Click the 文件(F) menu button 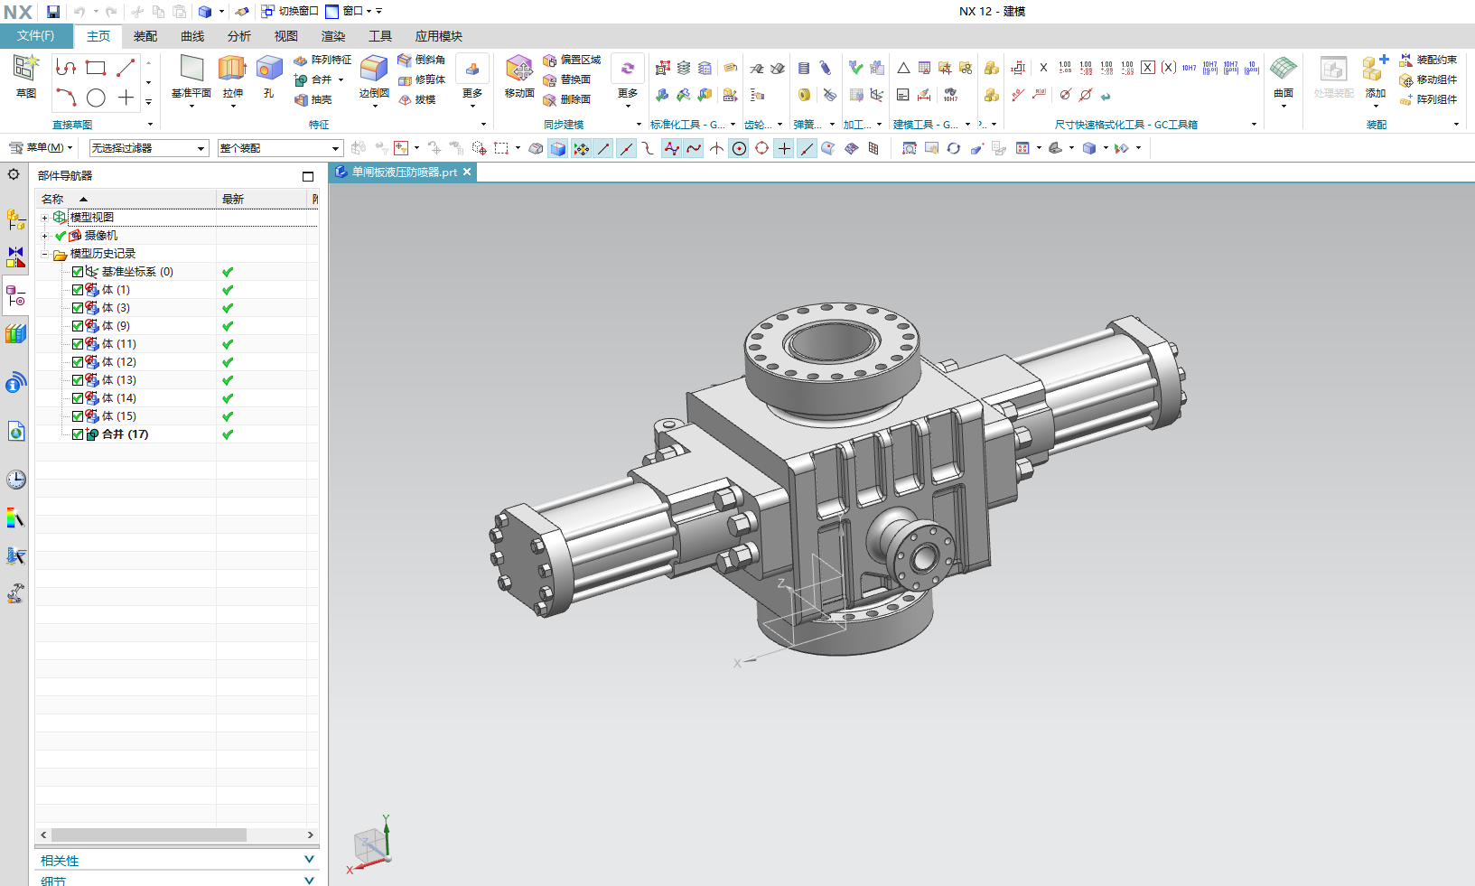tap(35, 36)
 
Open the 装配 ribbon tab tap(145, 36)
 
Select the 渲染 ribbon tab tap(333, 36)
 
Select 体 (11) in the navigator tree tap(118, 344)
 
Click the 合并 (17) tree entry tap(125, 434)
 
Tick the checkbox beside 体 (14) tap(78, 398)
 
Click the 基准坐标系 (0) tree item tap(136, 272)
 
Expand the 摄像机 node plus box tap(44, 236)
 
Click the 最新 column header tap(233, 199)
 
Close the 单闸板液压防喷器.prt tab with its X tap(467, 172)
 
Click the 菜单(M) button tap(42, 147)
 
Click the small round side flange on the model tap(921, 555)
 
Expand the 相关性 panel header tap(176, 860)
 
